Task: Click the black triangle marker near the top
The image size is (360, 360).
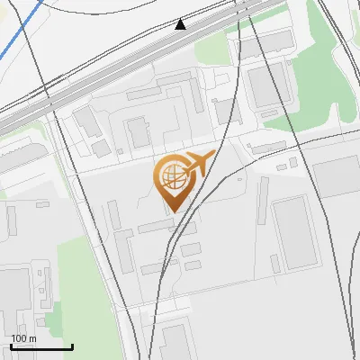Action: (181, 24)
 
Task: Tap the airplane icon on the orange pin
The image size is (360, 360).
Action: (198, 165)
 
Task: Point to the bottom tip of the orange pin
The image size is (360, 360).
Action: (170, 211)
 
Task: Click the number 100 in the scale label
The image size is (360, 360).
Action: (19, 338)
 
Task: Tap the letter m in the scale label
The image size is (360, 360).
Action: (32, 338)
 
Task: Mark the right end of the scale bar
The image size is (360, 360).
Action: (72, 346)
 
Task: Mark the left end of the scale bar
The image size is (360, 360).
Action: (11, 346)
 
